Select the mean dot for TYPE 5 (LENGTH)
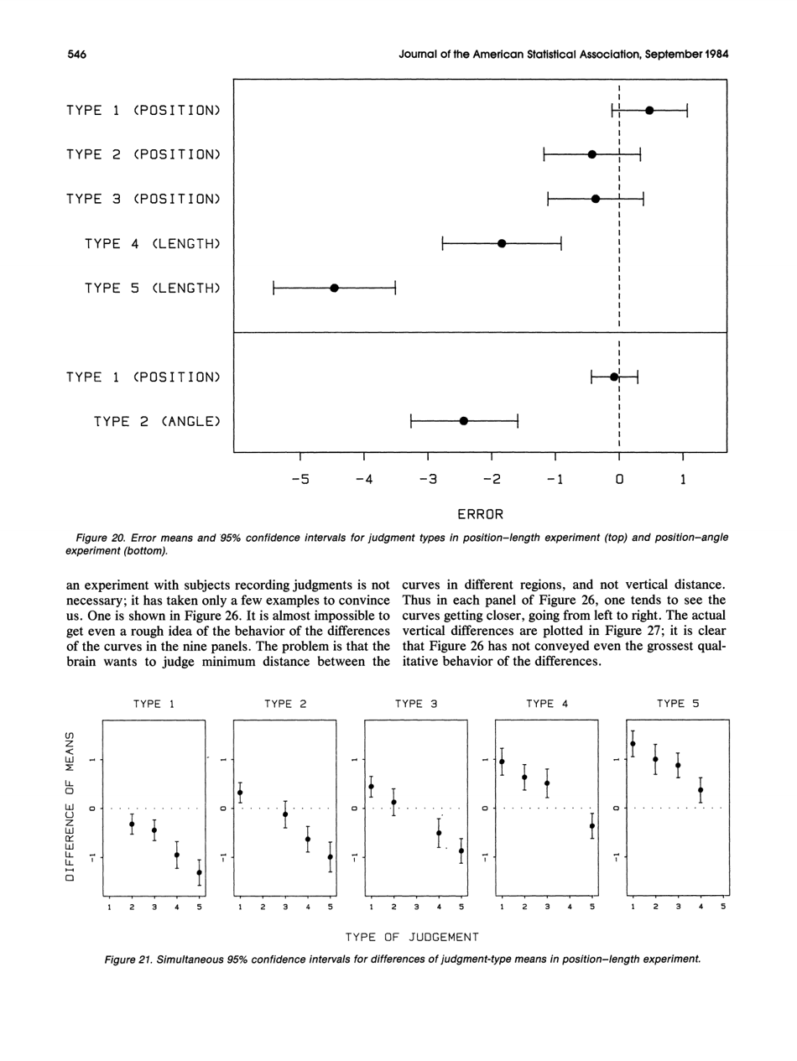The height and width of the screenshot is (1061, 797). pos(334,288)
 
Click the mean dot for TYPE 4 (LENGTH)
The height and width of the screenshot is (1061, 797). pos(502,243)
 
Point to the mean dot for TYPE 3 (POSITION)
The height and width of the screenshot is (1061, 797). pos(596,199)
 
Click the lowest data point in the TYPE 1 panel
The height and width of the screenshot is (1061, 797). pos(199,872)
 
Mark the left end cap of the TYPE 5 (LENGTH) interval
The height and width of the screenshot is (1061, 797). pos(273,288)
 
